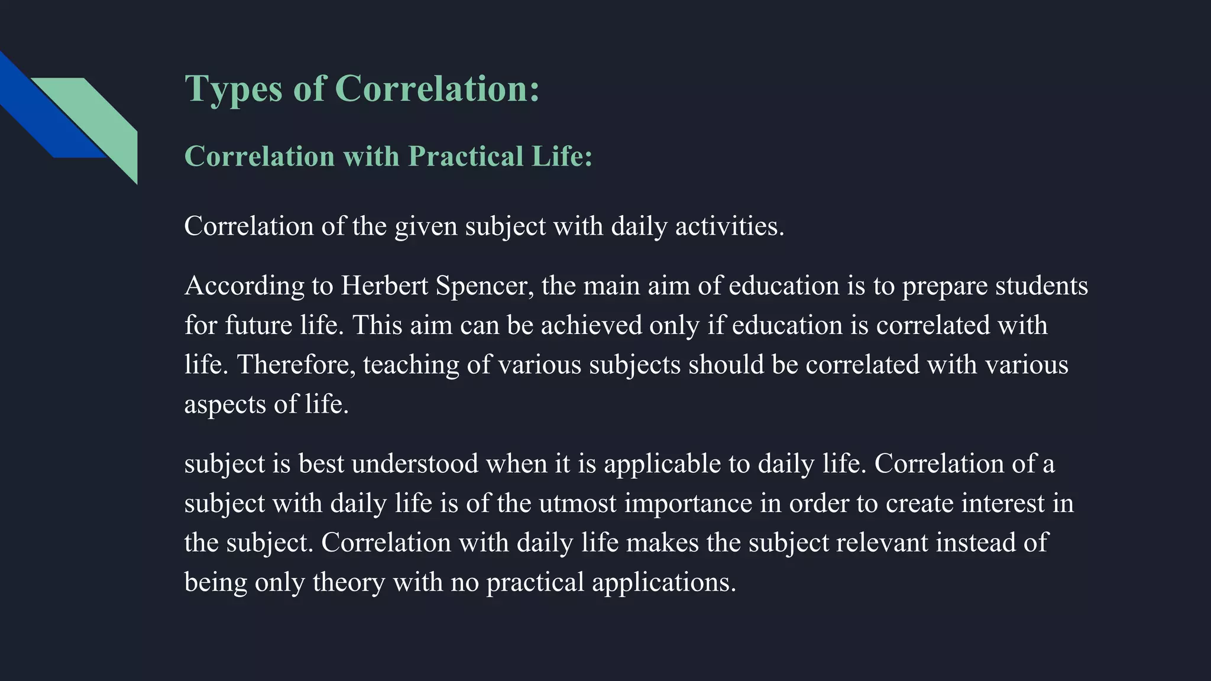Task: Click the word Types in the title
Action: [x=234, y=90]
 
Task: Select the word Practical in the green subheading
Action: [x=465, y=157]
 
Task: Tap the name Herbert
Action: [x=384, y=286]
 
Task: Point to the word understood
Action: [x=415, y=464]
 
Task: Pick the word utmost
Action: [x=577, y=504]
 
